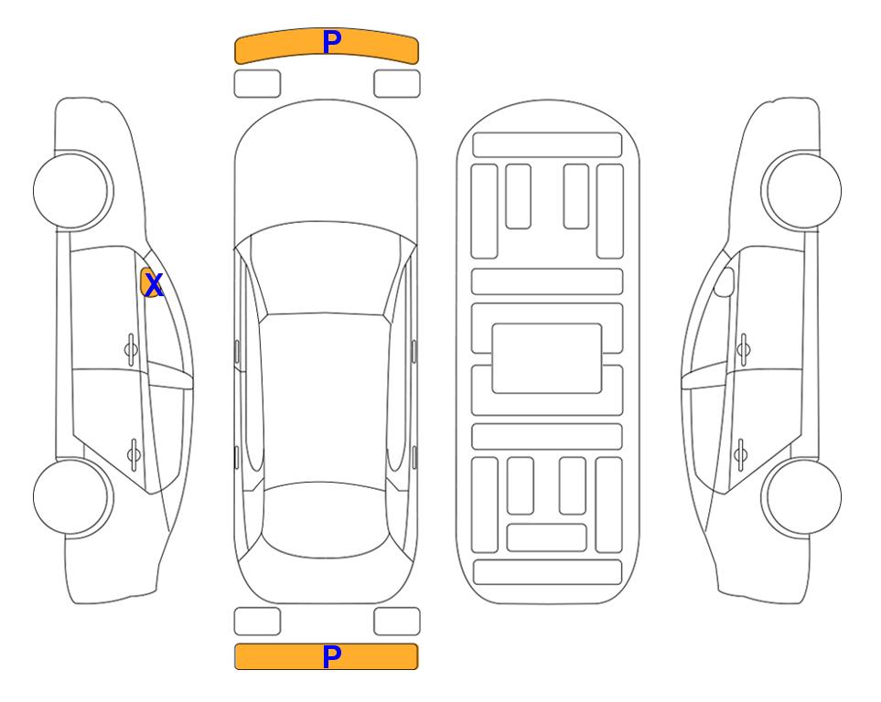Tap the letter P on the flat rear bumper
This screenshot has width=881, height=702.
point(331,656)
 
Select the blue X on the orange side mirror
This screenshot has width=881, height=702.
point(154,285)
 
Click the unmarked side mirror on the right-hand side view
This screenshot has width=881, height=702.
point(724,282)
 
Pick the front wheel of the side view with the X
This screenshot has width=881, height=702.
point(72,191)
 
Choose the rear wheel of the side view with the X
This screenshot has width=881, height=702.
point(72,496)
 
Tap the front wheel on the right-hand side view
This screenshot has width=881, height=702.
point(802,191)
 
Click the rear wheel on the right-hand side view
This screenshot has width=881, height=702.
point(802,496)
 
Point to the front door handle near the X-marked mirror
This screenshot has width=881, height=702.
point(131,350)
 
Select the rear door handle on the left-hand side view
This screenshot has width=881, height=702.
point(134,454)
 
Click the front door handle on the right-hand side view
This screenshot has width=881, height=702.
point(744,350)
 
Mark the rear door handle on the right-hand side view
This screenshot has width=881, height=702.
point(740,454)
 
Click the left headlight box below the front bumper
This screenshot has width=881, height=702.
point(257,84)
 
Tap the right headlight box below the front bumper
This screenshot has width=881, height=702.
point(397,84)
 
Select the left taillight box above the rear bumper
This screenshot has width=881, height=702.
point(257,622)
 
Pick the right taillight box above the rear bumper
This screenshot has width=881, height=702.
point(397,622)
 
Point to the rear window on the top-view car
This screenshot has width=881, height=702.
point(326,519)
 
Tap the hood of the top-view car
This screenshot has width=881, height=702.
point(326,168)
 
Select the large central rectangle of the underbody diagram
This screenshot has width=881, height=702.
point(547,358)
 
